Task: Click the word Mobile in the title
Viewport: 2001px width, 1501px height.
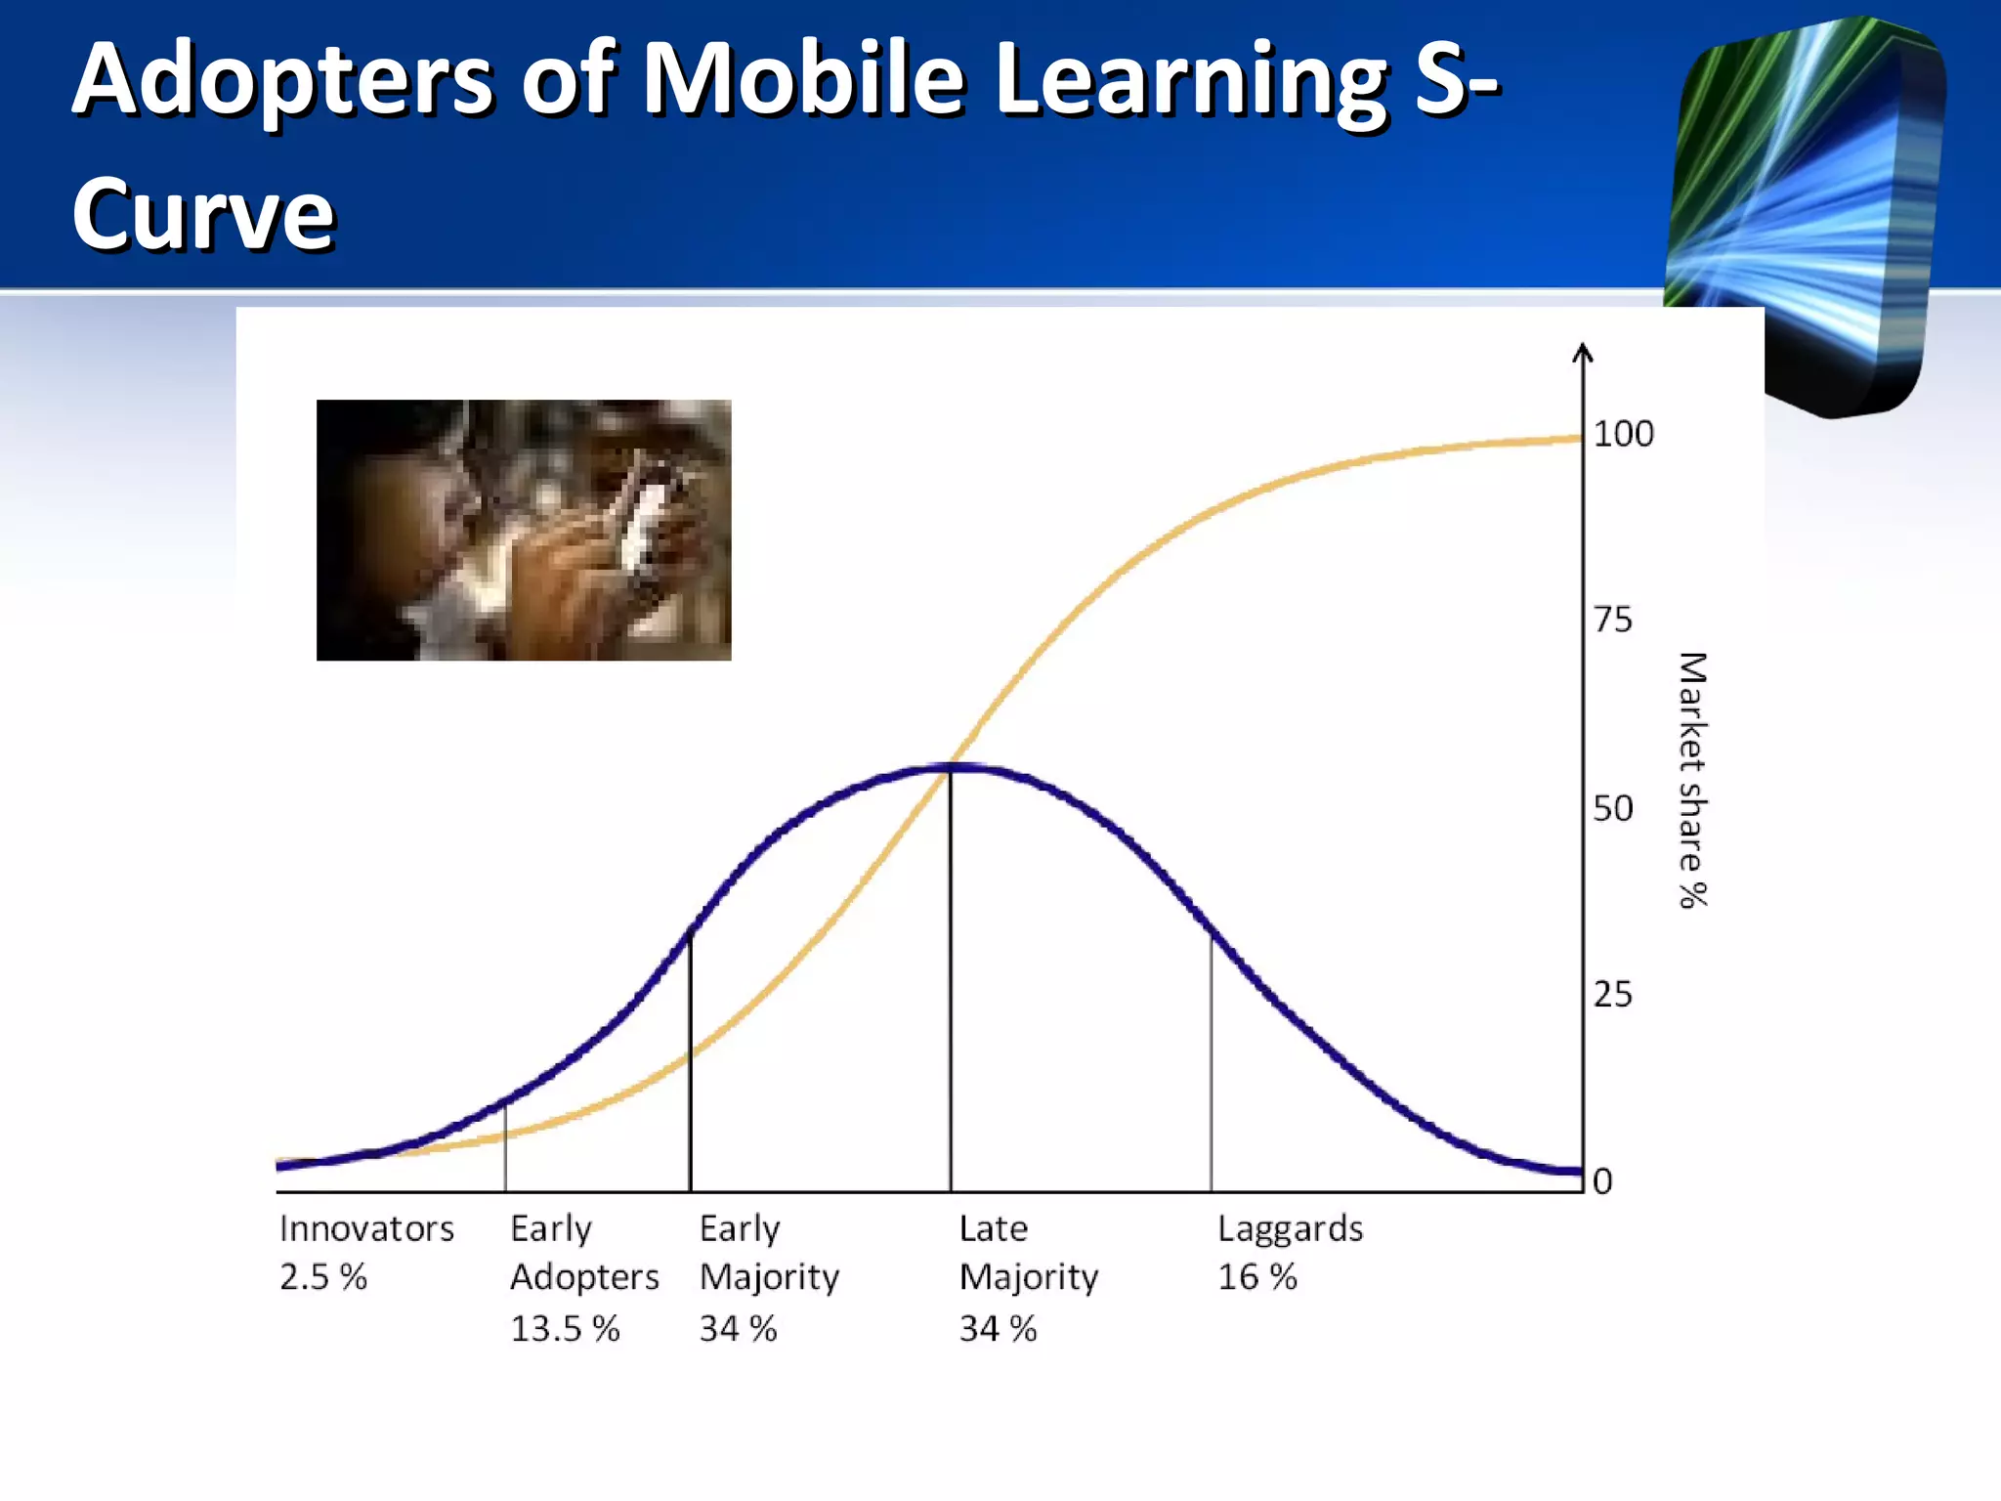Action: coord(803,80)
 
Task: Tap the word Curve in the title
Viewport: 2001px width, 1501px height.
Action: coord(203,215)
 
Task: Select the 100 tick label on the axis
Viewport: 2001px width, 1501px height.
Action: coord(1623,434)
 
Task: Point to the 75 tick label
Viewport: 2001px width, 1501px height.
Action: coord(1612,620)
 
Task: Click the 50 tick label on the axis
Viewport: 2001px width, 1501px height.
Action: coord(1612,809)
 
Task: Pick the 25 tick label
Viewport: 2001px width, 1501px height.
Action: coord(1612,995)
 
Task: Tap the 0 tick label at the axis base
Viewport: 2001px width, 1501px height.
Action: coord(1602,1181)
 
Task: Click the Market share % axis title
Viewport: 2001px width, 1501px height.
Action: coord(1692,780)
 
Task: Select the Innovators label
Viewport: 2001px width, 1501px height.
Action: coord(366,1228)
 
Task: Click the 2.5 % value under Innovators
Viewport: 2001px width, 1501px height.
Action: coord(322,1277)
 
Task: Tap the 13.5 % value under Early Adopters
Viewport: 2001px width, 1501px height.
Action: coord(565,1329)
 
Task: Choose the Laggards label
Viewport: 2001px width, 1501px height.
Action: coord(1290,1228)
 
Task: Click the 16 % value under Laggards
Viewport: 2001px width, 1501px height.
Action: coord(1256,1277)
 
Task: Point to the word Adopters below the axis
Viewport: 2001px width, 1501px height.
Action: coord(584,1277)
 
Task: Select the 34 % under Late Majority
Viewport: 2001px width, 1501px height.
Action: coord(998,1329)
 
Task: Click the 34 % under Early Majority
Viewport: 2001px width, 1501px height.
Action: coord(738,1329)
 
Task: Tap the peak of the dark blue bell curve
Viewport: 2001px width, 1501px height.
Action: coord(951,768)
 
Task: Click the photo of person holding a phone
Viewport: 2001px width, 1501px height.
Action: coord(524,530)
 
